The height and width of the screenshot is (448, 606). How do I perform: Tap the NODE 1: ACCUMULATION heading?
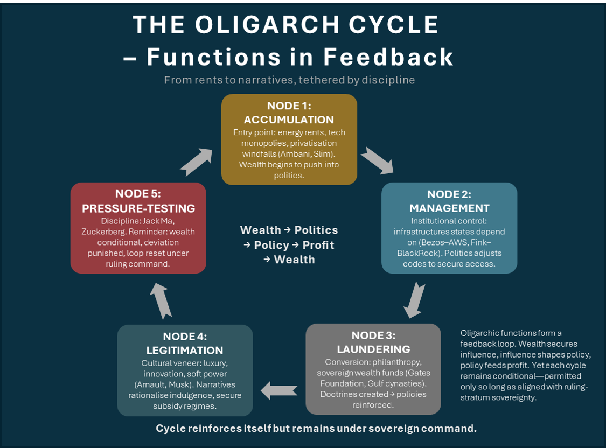point(289,113)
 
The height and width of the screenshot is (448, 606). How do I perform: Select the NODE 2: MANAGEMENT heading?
point(449,201)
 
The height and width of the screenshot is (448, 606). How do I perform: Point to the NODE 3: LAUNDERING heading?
point(373,342)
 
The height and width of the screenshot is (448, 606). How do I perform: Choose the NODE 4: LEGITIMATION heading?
point(185,343)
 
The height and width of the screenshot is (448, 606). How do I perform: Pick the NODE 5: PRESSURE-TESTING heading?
point(138,201)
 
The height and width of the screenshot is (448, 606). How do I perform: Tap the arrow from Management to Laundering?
point(414,299)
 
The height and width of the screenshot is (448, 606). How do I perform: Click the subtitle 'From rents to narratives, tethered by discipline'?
point(289,80)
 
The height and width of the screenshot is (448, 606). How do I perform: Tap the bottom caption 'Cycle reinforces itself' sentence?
point(316,429)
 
